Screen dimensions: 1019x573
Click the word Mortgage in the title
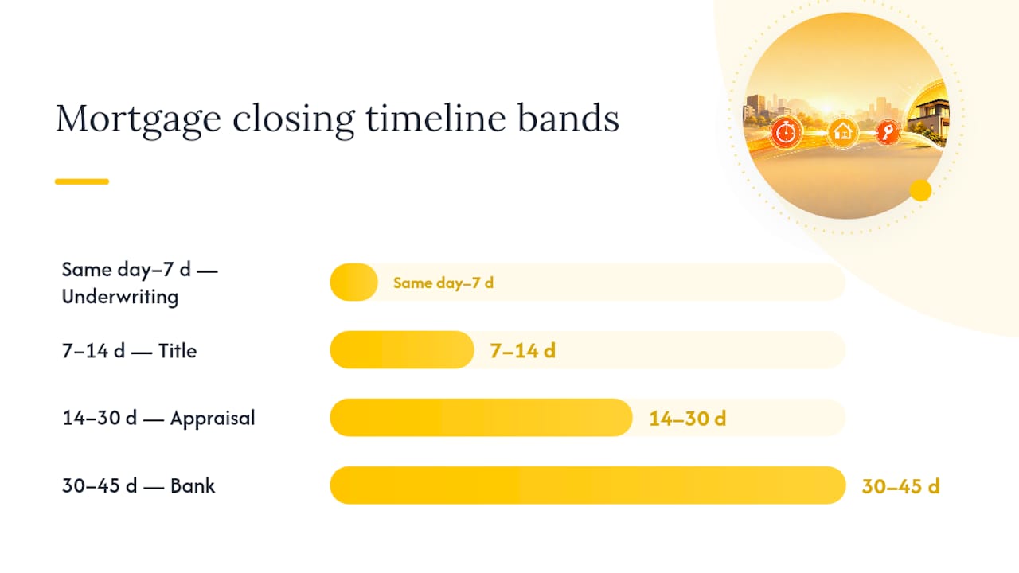click(139, 119)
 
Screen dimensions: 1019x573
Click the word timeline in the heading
click(435, 118)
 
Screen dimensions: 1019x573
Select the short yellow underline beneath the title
click(82, 181)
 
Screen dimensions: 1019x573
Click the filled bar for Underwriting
click(354, 282)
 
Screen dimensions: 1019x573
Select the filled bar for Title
click(402, 349)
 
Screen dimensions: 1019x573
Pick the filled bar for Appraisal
click(482, 418)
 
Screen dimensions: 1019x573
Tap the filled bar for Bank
click(588, 485)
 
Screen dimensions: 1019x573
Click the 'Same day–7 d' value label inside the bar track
click(443, 283)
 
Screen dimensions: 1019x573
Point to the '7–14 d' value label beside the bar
click(523, 351)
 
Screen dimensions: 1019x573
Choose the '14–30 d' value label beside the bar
click(687, 419)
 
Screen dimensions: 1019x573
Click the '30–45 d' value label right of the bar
click(900, 486)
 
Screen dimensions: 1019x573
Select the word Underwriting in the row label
click(120, 298)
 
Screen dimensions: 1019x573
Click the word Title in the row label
click(178, 351)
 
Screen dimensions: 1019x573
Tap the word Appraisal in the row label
click(213, 419)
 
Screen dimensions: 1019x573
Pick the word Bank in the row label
click(193, 485)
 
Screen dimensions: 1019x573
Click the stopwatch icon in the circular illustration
click(786, 133)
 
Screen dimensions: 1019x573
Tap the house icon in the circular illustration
click(843, 133)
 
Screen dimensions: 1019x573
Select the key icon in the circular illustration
click(887, 132)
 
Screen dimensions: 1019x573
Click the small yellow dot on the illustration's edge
click(921, 190)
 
